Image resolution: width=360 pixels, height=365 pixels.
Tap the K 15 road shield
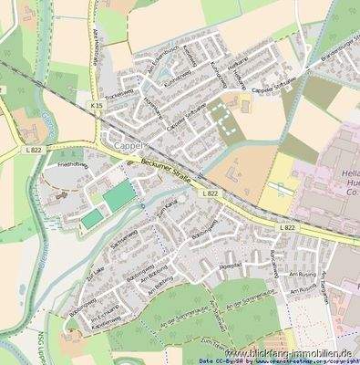click(x=97, y=108)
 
